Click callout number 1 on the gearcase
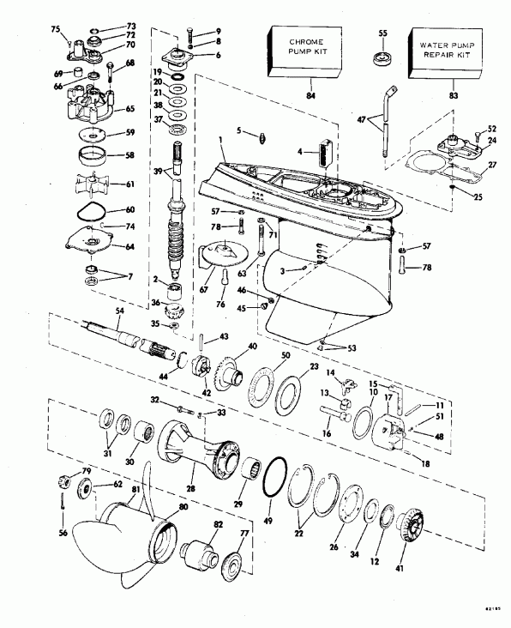pos(220,139)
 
